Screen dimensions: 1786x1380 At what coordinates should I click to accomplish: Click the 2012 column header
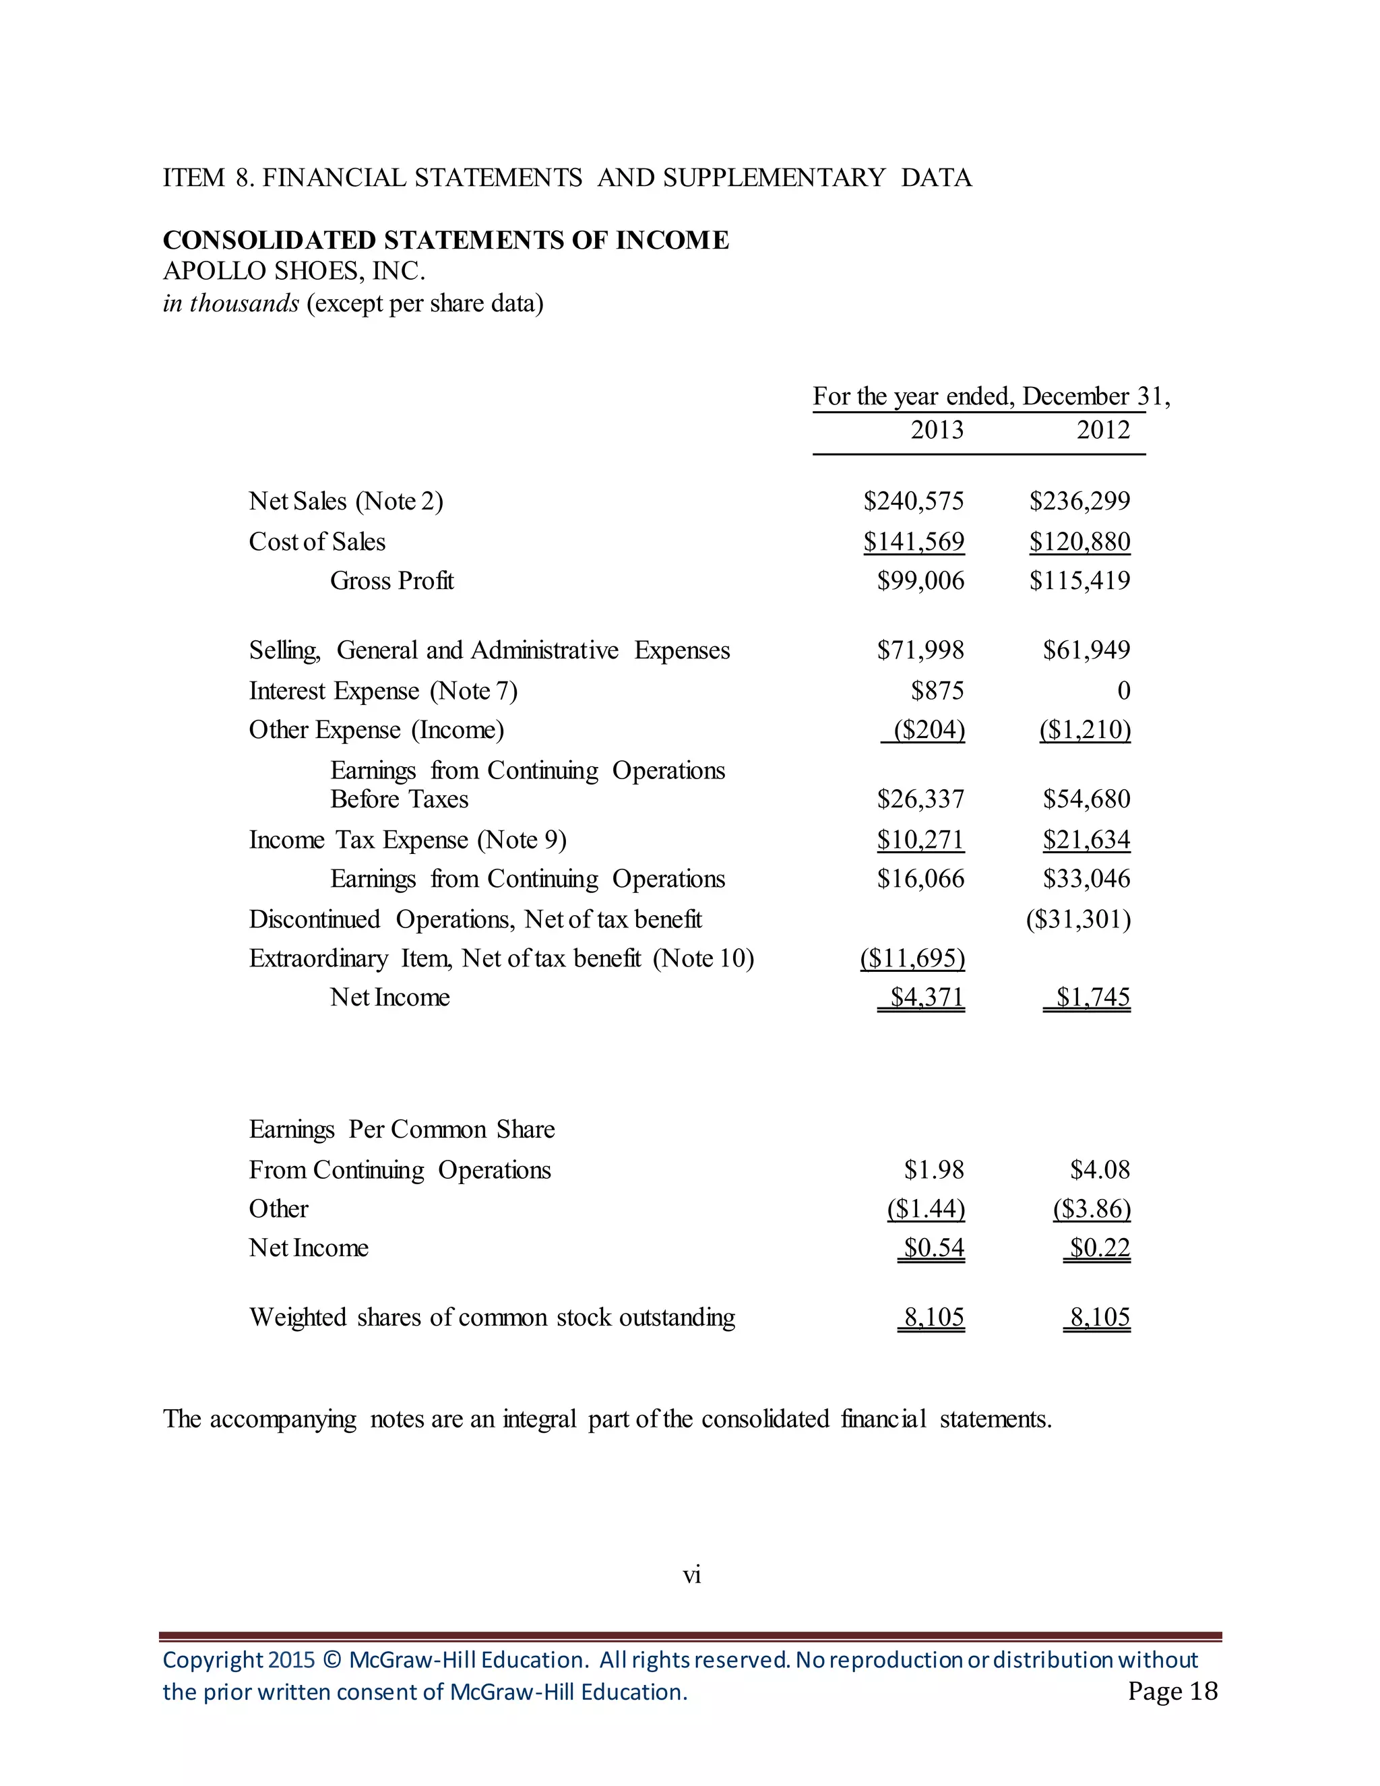pos(1103,429)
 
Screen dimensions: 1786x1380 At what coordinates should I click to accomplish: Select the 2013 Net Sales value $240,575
pos(913,501)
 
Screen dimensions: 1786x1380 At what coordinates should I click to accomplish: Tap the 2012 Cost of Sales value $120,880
pos(1079,541)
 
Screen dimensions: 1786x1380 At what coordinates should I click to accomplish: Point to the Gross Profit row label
pos(391,580)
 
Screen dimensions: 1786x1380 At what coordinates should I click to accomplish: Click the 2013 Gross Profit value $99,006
pos(920,580)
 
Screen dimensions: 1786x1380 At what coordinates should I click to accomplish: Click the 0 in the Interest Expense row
pos(1123,691)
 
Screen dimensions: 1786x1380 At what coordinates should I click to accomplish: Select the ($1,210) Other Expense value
pos(1085,729)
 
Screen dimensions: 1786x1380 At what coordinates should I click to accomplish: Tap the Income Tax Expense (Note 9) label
pos(407,840)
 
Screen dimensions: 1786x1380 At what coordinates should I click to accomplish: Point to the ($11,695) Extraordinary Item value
pos(912,958)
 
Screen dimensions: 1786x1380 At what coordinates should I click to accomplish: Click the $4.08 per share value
pos(1100,1169)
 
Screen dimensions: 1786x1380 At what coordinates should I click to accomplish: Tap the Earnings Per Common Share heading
pos(402,1130)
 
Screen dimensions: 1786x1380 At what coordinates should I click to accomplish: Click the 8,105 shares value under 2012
pos(1100,1317)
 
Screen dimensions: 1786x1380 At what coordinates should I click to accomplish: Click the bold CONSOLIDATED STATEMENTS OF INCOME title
pos(445,240)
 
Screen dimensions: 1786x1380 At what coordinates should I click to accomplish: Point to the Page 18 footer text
pos(1172,1691)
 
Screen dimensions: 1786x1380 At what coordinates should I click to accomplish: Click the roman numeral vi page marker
pos(691,1575)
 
